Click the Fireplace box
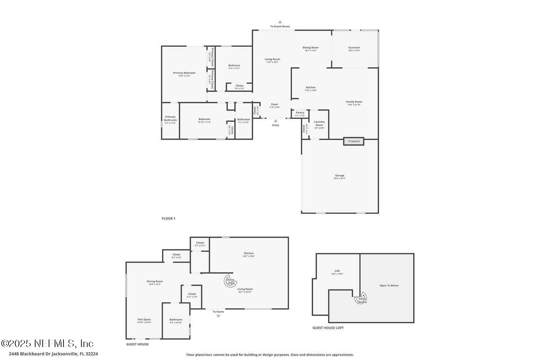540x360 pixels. pyautogui.click(x=354, y=141)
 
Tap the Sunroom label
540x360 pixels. pyautogui.click(x=354, y=48)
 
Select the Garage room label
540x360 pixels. pyautogui.click(x=339, y=176)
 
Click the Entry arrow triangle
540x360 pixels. pyautogui.click(x=275, y=121)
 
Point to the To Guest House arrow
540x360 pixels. pyautogui.click(x=280, y=22)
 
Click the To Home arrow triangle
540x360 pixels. pyautogui.click(x=218, y=316)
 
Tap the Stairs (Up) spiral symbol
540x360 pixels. pyautogui.click(x=230, y=280)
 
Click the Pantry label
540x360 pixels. pyautogui.click(x=300, y=113)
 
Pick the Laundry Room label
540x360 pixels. pyautogui.click(x=319, y=123)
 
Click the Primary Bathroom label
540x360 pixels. pyautogui.click(x=170, y=118)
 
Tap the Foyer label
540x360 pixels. pyautogui.click(x=275, y=104)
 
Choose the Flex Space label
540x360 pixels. pyautogui.click(x=144, y=319)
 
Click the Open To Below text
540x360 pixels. pyautogui.click(x=389, y=285)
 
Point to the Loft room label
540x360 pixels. pyautogui.click(x=337, y=271)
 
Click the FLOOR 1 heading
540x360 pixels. pyautogui.click(x=168, y=219)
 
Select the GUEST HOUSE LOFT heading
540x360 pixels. pyautogui.click(x=328, y=328)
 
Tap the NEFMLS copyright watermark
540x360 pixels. pyautogui.click(x=47, y=343)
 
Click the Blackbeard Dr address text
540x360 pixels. pyautogui.click(x=53, y=354)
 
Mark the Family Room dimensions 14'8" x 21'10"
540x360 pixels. pyautogui.click(x=354, y=105)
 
